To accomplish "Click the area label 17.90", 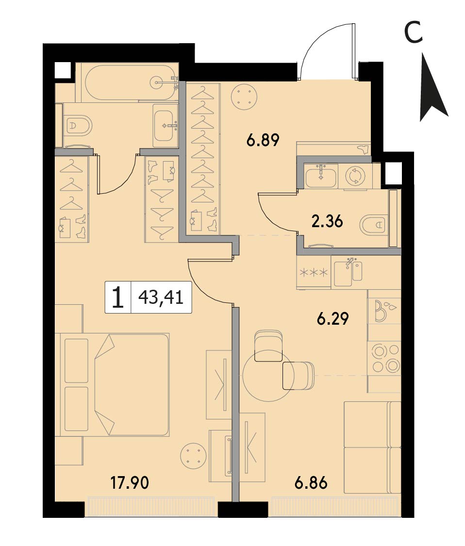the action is (x=130, y=482).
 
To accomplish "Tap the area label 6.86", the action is (x=311, y=482).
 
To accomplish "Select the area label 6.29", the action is (x=332, y=318).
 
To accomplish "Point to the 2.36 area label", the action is (x=327, y=221).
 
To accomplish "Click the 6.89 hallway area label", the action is (x=263, y=140).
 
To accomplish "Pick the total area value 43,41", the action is (x=161, y=298).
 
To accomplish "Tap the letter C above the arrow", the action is (x=414, y=32).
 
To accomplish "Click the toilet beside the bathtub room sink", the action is (x=79, y=125).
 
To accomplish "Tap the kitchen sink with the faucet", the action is (x=349, y=273).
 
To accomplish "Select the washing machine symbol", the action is (x=354, y=176).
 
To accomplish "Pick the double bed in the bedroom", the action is (x=115, y=385).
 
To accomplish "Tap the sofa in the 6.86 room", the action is (x=372, y=447).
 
